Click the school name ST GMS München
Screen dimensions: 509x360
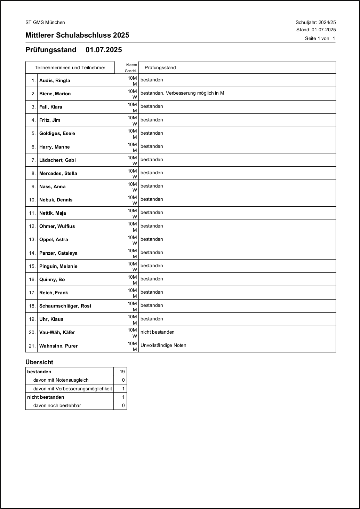point(45,23)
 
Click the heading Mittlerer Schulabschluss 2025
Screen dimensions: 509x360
point(77,35)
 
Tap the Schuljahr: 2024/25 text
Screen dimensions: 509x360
point(315,23)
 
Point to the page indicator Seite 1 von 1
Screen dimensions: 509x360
point(320,39)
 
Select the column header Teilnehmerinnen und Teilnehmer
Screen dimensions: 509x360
point(70,68)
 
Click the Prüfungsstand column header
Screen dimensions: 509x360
point(160,68)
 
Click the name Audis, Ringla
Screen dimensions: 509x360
point(55,81)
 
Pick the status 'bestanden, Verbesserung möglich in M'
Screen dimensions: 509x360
point(182,93)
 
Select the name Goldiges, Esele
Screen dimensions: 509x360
point(57,134)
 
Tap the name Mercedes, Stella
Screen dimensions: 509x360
point(58,174)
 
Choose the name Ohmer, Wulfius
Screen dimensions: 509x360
point(57,226)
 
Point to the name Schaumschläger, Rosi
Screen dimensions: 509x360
point(65,306)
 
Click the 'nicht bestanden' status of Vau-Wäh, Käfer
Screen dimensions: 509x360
point(158,332)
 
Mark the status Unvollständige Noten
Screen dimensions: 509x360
point(163,345)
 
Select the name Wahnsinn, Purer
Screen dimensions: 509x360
point(58,346)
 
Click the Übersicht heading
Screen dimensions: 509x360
point(39,362)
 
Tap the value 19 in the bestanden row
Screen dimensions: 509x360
point(122,372)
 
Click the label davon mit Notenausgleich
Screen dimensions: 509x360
point(61,380)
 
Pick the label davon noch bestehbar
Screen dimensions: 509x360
point(57,406)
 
